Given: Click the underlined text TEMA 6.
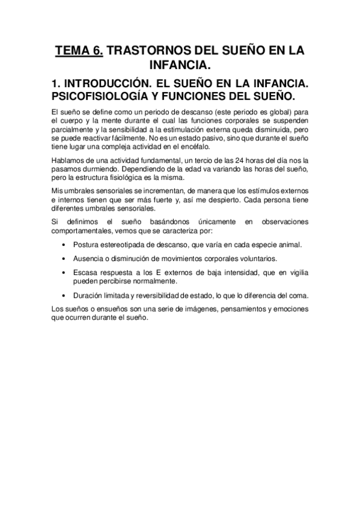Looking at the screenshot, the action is pos(78,52).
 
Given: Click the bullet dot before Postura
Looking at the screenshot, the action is pos(64,245).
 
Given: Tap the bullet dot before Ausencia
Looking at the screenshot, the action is pos(64,259).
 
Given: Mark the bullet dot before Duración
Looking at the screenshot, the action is pos(64,295).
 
